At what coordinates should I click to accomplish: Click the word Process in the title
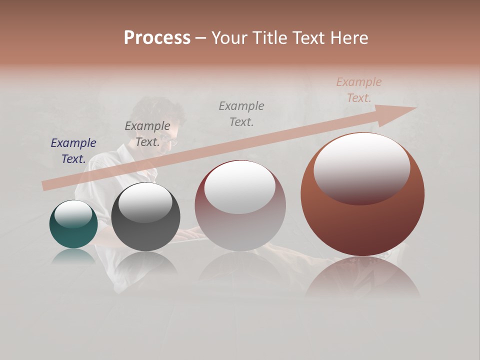(x=157, y=38)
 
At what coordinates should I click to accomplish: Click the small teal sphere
(x=73, y=224)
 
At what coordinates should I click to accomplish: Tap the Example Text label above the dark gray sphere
(x=147, y=134)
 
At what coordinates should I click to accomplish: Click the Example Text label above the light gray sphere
(x=241, y=113)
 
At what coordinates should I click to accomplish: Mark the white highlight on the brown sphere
(x=361, y=167)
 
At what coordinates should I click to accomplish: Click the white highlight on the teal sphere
(x=73, y=213)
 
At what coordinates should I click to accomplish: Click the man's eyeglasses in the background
(x=171, y=140)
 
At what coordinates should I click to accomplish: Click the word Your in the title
(x=229, y=38)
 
